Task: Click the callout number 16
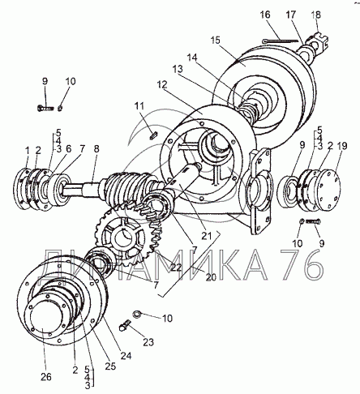pyautogui.click(x=265, y=15)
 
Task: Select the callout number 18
pyautogui.click(x=315, y=15)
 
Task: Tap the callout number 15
pyautogui.click(x=216, y=41)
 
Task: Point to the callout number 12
pyautogui.click(x=162, y=85)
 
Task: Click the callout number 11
pyautogui.click(x=139, y=105)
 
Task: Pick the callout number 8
pyautogui.click(x=96, y=149)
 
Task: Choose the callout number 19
pyautogui.click(x=342, y=146)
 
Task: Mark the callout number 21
pyautogui.click(x=207, y=236)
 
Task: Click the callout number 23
pyautogui.click(x=148, y=342)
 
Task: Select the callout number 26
pyautogui.click(x=45, y=376)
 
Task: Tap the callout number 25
pyautogui.click(x=110, y=366)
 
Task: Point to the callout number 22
pyautogui.click(x=176, y=268)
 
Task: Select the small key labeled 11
pyautogui.click(x=153, y=135)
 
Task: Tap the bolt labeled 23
pyautogui.click(x=125, y=325)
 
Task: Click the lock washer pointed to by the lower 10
pyautogui.click(x=137, y=314)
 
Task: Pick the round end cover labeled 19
pyautogui.click(x=328, y=190)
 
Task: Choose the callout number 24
pyautogui.click(x=126, y=356)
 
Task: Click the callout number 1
pyautogui.click(x=27, y=149)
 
